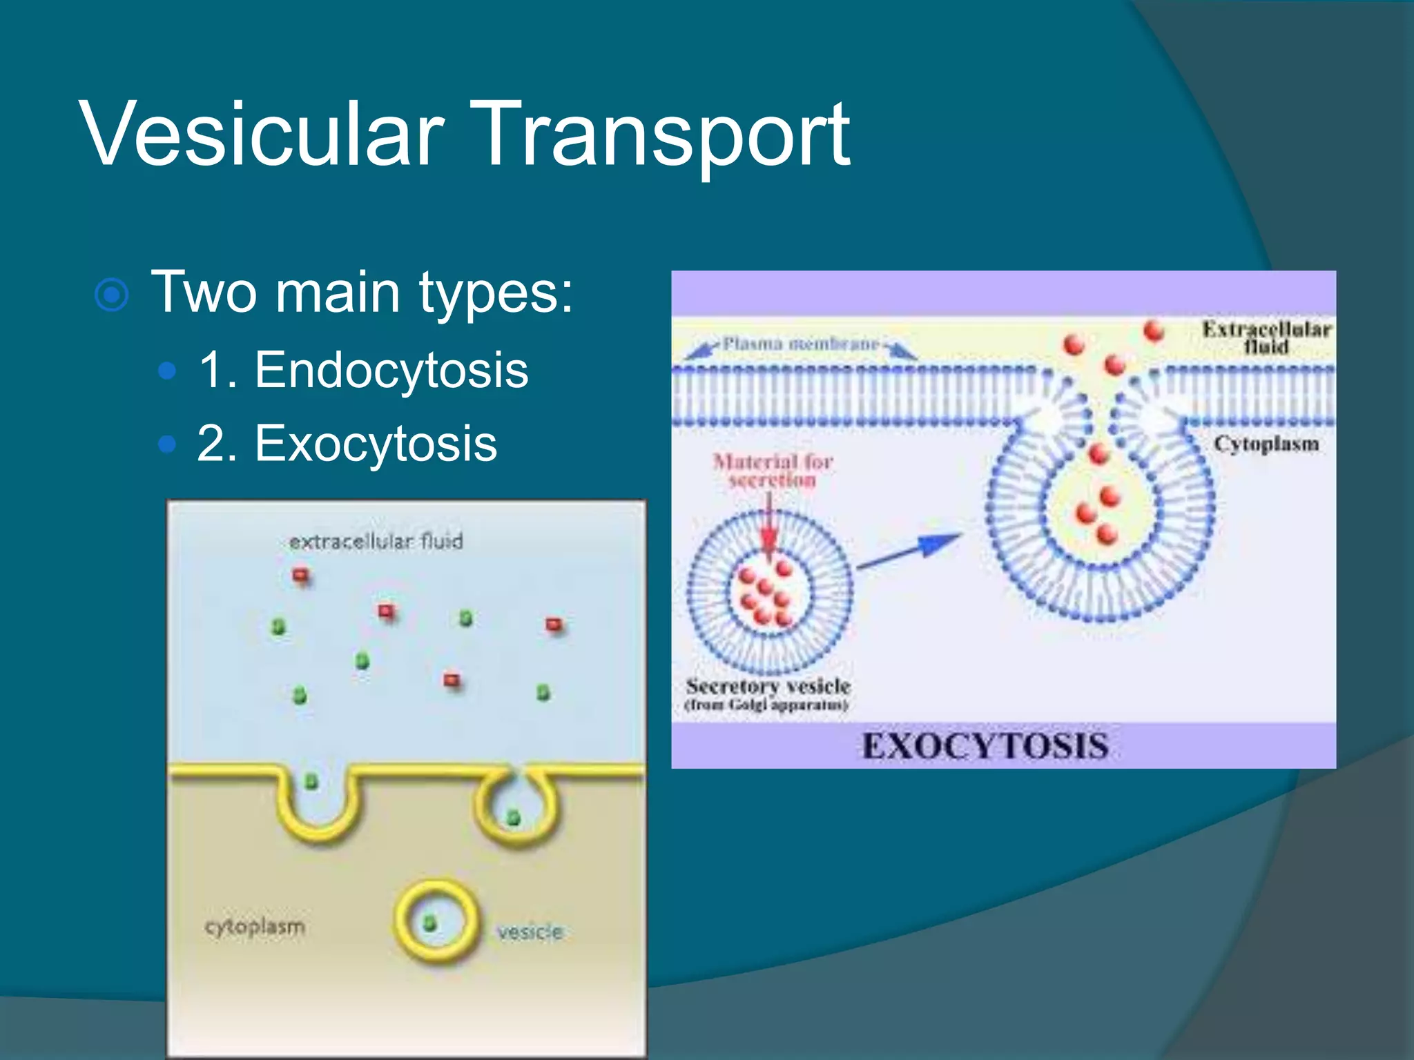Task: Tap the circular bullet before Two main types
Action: click(111, 295)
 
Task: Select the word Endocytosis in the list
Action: click(391, 370)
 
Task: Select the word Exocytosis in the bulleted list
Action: click(376, 443)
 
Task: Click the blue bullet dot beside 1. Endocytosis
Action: click(167, 371)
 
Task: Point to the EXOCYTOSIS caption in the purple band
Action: click(985, 746)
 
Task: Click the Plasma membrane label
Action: click(800, 343)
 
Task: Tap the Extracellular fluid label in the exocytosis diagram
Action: click(1266, 337)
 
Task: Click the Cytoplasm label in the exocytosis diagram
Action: click(1266, 444)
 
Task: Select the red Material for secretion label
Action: click(773, 470)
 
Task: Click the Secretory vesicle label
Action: click(767, 687)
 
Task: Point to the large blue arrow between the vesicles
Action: click(909, 551)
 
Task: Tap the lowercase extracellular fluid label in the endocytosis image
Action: click(376, 542)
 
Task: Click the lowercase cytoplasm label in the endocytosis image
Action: click(255, 926)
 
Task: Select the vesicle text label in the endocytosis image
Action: click(530, 932)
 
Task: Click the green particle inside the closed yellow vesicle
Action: click(429, 923)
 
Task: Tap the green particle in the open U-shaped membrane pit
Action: click(311, 781)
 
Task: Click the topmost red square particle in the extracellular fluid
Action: click(300, 575)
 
